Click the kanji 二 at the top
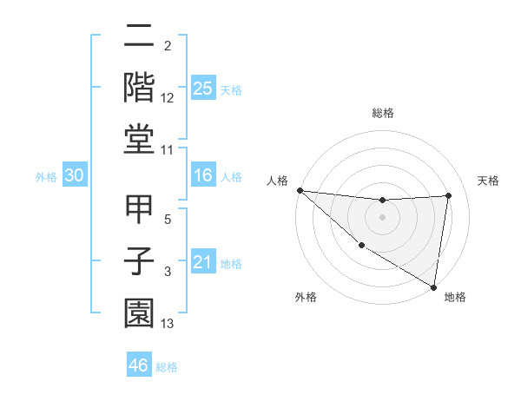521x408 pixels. (139, 37)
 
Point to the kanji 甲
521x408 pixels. (139, 211)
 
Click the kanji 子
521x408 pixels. (139, 262)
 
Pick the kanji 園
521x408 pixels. (139, 314)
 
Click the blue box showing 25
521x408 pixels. (203, 89)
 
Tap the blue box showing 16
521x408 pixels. (203, 176)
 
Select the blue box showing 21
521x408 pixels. (203, 263)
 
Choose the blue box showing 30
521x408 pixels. (75, 176)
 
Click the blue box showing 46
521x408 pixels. (139, 365)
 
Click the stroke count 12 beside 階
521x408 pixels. (168, 98)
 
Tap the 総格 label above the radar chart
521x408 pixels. (382, 113)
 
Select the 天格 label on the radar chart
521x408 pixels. (489, 181)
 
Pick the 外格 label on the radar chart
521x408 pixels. (306, 297)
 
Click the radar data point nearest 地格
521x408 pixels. (433, 286)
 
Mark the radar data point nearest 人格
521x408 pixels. (300, 190)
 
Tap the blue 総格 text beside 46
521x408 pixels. (168, 367)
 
